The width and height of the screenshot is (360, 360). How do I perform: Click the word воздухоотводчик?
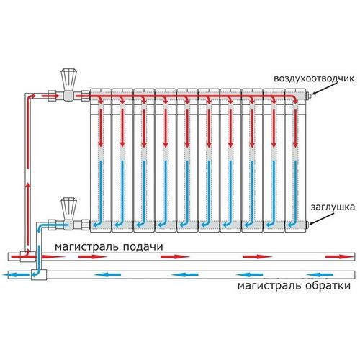pyautogui.click(x=314, y=78)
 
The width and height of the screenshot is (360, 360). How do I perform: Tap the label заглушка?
pyautogui.click(x=333, y=207)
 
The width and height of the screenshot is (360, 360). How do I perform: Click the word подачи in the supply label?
pyautogui.click(x=143, y=247)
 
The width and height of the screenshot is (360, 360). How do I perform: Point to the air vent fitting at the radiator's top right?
pyautogui.click(x=309, y=96)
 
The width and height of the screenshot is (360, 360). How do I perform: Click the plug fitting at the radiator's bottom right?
pyautogui.click(x=308, y=225)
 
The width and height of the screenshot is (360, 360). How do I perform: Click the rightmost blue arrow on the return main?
pyautogui.click(x=320, y=275)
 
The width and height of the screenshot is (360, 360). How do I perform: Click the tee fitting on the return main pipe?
pyautogui.click(x=39, y=275)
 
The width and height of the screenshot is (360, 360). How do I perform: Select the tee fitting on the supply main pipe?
pyautogui.click(x=28, y=257)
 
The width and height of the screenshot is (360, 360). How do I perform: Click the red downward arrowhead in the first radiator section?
pyautogui.click(x=101, y=144)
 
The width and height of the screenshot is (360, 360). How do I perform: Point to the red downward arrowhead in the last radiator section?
pyautogui.click(x=295, y=144)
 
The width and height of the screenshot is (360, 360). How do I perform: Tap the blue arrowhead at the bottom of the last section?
pyautogui.click(x=290, y=225)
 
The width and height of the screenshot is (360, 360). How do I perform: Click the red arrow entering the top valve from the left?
pyautogui.click(x=50, y=96)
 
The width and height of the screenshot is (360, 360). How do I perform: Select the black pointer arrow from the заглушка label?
pyautogui.click(x=322, y=219)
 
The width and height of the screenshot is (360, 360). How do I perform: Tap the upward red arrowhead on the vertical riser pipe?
pyautogui.click(x=28, y=186)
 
